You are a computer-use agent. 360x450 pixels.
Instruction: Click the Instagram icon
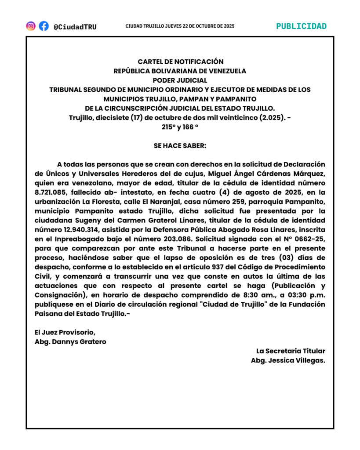click(x=31, y=26)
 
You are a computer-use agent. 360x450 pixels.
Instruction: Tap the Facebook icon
click(x=44, y=26)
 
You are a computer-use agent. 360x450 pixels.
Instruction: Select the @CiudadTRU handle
click(x=75, y=27)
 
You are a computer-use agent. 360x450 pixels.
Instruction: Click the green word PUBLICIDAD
click(x=301, y=26)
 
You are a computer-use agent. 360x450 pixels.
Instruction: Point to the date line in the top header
click(x=180, y=26)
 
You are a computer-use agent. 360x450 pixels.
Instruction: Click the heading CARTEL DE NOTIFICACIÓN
click(x=180, y=62)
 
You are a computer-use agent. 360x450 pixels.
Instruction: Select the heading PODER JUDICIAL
click(x=180, y=80)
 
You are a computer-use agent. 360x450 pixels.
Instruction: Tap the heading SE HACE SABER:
click(x=180, y=145)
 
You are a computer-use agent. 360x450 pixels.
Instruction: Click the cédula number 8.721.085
click(x=50, y=192)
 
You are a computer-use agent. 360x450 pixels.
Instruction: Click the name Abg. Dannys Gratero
click(x=70, y=341)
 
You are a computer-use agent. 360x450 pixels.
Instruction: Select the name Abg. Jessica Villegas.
click(x=288, y=360)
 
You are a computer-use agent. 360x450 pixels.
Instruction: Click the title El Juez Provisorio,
click(x=65, y=332)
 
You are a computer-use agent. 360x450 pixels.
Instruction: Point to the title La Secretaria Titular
click(x=291, y=351)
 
